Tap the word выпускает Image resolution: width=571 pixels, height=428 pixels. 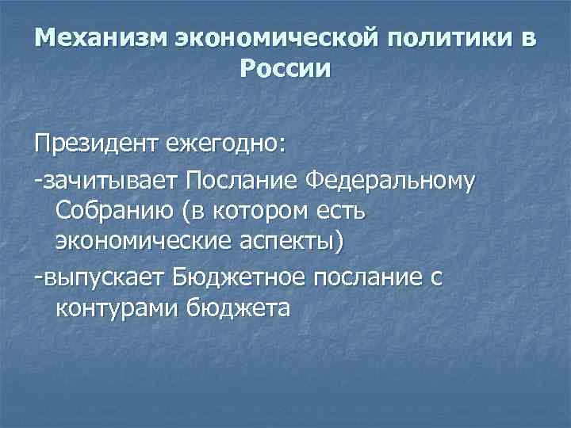(x=102, y=278)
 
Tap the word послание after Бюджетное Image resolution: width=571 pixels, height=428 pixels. (x=370, y=278)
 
